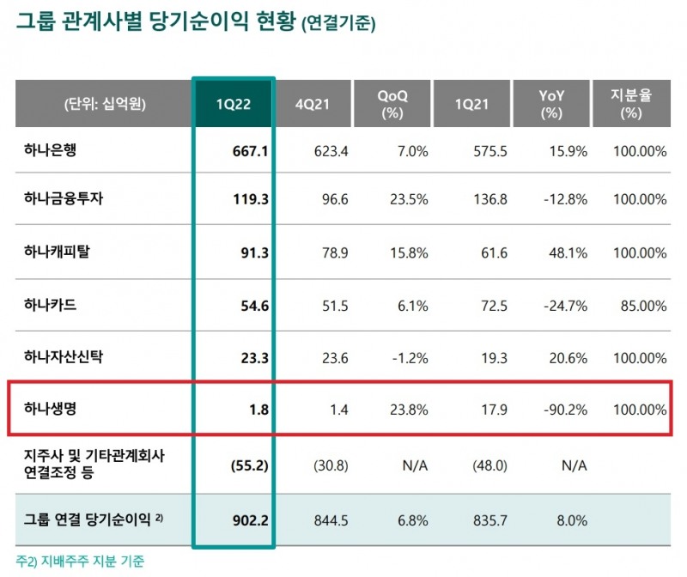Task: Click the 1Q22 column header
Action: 233,104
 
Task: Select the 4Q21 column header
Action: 312,104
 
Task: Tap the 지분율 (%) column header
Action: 630,104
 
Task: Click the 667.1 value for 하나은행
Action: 250,151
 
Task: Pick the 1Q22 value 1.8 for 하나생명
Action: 258,410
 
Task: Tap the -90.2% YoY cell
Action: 567,410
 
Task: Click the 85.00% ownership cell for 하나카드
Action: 642,305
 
